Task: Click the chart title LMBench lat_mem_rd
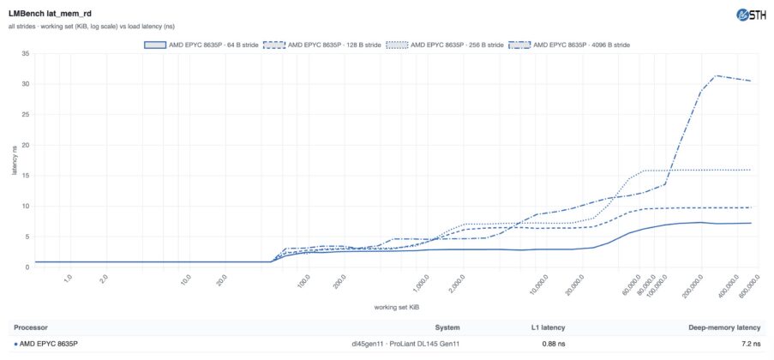coord(43,14)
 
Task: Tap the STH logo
coord(751,15)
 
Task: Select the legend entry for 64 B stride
coord(201,45)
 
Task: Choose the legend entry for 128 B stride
coord(322,45)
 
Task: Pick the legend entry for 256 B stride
coord(445,45)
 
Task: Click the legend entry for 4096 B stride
coord(569,45)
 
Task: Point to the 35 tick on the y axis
coord(26,53)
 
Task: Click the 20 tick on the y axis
coord(26,145)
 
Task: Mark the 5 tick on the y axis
coord(27,237)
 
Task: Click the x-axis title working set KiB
coord(397,307)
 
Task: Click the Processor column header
coord(31,327)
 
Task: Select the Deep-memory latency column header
coord(724,327)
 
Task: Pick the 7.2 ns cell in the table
coord(752,344)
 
